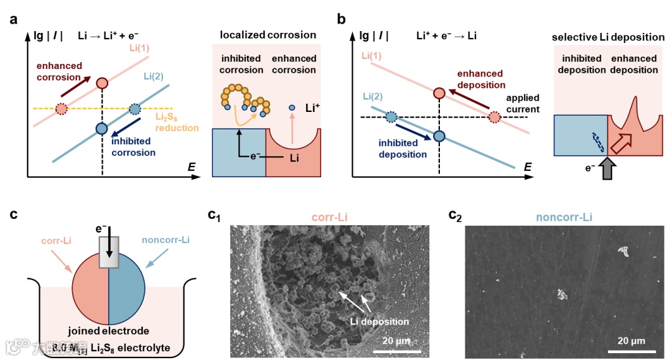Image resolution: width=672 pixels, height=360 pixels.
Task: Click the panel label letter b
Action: (x=341, y=19)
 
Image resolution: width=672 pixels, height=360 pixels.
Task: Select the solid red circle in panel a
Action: (x=103, y=83)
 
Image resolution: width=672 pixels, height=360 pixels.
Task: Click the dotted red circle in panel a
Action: (x=61, y=109)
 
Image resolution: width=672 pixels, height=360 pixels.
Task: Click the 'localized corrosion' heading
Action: (x=268, y=35)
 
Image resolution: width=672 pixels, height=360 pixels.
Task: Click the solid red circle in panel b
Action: (x=439, y=93)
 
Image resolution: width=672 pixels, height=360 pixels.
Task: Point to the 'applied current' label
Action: (x=523, y=103)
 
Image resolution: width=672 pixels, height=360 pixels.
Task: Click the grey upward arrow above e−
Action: (x=608, y=169)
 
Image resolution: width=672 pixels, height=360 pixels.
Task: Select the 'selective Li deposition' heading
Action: (x=608, y=37)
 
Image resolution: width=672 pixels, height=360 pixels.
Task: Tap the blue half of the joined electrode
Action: (x=128, y=292)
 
